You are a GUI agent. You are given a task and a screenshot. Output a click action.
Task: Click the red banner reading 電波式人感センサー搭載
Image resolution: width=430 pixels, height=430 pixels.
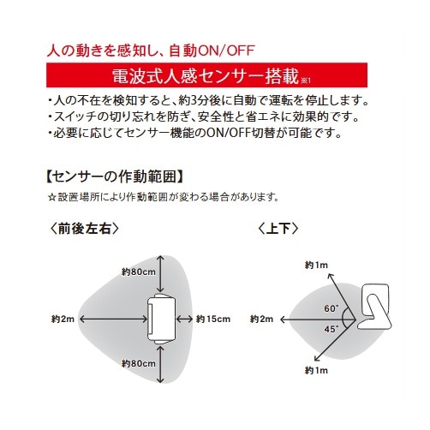pyautogui.click(x=206, y=75)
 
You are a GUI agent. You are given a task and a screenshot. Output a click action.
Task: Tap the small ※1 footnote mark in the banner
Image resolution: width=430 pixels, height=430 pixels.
pyautogui.click(x=306, y=81)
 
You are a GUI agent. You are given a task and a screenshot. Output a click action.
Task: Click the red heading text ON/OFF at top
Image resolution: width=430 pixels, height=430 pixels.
pyautogui.click(x=225, y=51)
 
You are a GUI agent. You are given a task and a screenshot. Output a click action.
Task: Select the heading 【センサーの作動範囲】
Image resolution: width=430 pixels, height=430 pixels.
pyautogui.click(x=115, y=177)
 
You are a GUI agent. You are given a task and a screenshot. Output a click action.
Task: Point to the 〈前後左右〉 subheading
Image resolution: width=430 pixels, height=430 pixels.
pyautogui.click(x=84, y=229)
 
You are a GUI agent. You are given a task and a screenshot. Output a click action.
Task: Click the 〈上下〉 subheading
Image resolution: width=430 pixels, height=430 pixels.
pyautogui.click(x=278, y=229)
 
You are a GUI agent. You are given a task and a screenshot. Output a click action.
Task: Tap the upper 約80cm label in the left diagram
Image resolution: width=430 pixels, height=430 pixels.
pyautogui.click(x=139, y=272)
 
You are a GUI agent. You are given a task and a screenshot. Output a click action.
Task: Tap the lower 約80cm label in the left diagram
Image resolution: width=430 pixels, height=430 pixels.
pyautogui.click(x=139, y=363)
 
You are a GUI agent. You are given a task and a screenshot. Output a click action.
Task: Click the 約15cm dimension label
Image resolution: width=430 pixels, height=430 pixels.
pyautogui.click(x=213, y=319)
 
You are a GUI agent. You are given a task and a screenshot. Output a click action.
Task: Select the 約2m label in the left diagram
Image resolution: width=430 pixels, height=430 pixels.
pyautogui.click(x=63, y=319)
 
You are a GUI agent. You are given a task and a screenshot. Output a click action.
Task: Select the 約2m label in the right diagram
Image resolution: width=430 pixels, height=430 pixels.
pyautogui.click(x=261, y=319)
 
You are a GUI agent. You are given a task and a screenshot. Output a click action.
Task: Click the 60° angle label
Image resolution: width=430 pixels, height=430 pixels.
pyautogui.click(x=331, y=308)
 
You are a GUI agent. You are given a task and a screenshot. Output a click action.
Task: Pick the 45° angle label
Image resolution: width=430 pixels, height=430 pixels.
pyautogui.click(x=331, y=329)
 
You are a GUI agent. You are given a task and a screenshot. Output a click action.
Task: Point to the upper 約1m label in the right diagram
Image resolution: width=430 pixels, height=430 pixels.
pyautogui.click(x=316, y=266)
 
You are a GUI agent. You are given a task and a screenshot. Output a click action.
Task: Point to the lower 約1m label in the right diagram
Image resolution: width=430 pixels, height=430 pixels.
pyautogui.click(x=316, y=371)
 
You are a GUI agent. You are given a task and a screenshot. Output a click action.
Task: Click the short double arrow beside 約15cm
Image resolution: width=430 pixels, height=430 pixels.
pyautogui.click(x=185, y=319)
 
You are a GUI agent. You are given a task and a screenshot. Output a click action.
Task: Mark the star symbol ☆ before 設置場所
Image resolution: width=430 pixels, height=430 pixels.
pyautogui.click(x=51, y=197)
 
